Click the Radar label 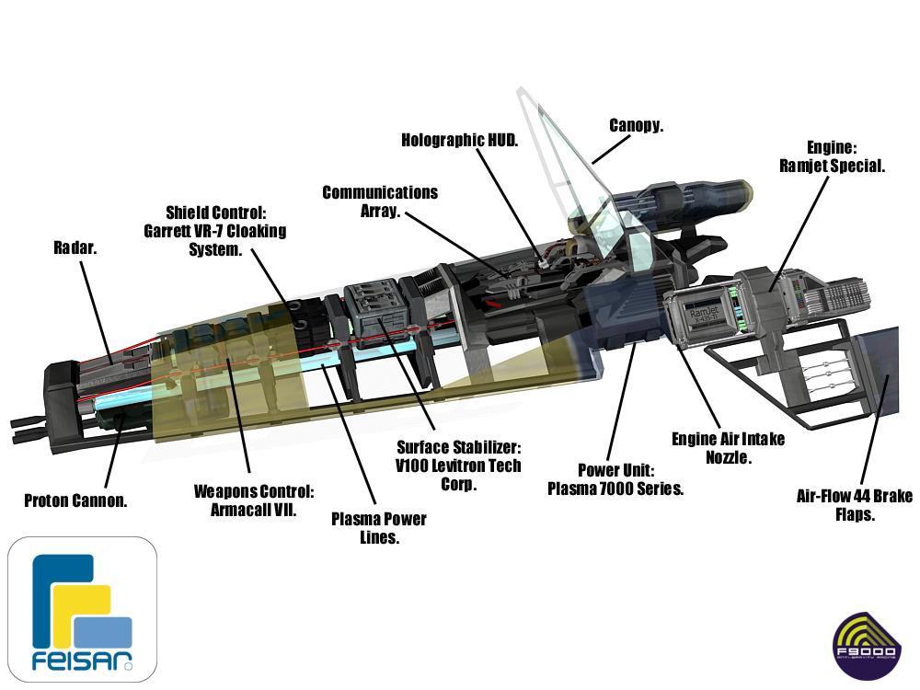point(75,247)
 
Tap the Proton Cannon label point(75,500)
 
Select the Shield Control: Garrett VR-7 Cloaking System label point(215,230)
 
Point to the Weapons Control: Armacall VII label point(254,500)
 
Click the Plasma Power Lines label point(378,527)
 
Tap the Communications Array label point(380,201)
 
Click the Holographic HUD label point(460,140)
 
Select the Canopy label point(636,125)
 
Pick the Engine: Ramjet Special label point(832,156)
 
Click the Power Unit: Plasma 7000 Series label point(615,479)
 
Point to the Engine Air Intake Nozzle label point(728,447)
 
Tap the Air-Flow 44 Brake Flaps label point(854,505)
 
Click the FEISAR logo point(83,608)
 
